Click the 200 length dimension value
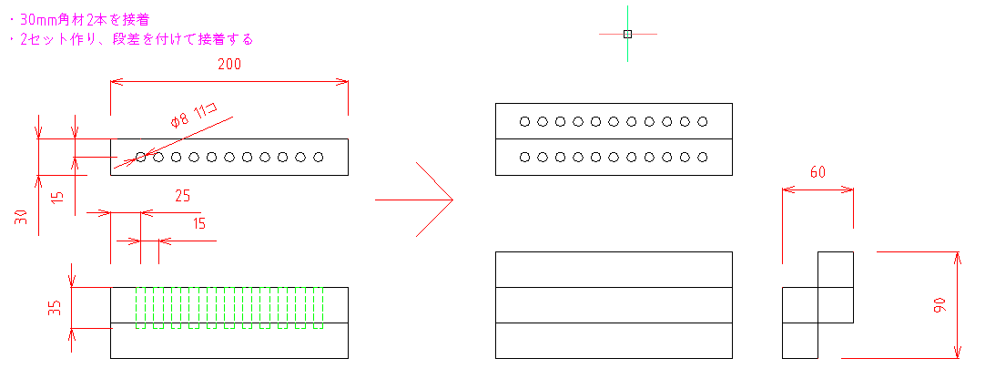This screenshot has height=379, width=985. tap(229, 64)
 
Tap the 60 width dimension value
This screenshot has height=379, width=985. tap(817, 172)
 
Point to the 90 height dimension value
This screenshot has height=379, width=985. tap(940, 305)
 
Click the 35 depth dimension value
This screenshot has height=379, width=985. tap(56, 307)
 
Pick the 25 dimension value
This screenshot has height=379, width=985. tap(182, 196)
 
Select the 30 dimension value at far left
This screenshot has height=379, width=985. tap(21, 218)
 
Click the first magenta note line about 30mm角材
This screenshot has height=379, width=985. tap(80, 19)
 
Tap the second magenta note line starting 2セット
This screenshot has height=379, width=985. tap(132, 39)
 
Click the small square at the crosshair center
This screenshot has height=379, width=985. tap(627, 34)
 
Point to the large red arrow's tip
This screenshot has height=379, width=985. tap(453, 200)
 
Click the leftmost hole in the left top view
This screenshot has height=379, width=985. tap(141, 157)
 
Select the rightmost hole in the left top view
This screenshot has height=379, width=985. tap(319, 157)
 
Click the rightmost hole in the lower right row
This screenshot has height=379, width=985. tap(702, 157)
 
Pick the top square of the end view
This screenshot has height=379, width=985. tap(836, 270)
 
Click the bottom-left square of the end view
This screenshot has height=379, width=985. tap(799, 341)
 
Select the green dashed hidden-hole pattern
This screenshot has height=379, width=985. tap(229, 308)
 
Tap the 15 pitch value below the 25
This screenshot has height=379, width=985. tap(198, 224)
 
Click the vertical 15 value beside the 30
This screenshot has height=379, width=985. tap(57, 195)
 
